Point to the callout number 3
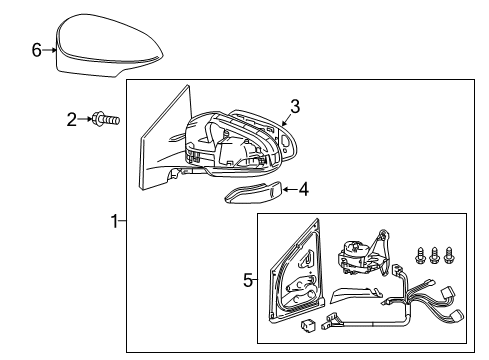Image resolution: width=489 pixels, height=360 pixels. coord(295,106)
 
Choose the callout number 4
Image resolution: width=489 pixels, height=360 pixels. coord(304,187)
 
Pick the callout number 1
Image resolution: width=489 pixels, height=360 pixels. coord(114,221)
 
